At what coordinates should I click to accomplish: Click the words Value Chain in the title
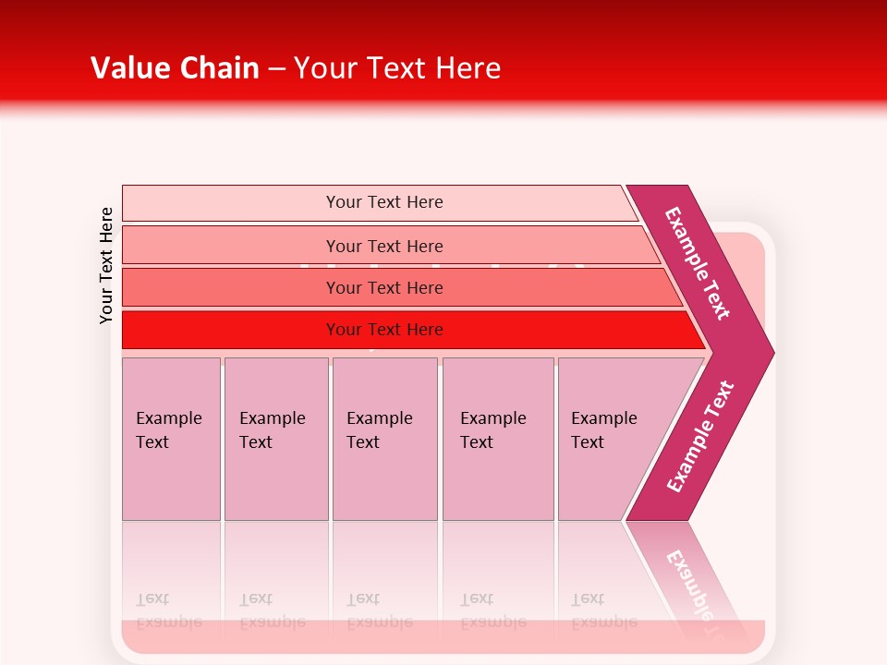[175, 68]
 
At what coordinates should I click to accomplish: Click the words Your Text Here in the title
[397, 68]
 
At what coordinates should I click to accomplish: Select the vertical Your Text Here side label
[106, 265]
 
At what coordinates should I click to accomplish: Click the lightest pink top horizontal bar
[384, 202]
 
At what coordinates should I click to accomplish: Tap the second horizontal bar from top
[384, 246]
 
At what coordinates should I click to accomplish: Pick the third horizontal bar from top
[384, 287]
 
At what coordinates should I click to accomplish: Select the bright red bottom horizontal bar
[384, 330]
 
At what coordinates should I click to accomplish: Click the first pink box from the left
[171, 439]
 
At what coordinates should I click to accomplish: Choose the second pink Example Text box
[275, 439]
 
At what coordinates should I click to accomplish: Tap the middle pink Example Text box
[384, 439]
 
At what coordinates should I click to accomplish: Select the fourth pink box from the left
[497, 439]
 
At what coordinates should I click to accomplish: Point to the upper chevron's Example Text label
[698, 263]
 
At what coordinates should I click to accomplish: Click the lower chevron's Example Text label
[700, 437]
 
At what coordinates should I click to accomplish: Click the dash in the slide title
[276, 69]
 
